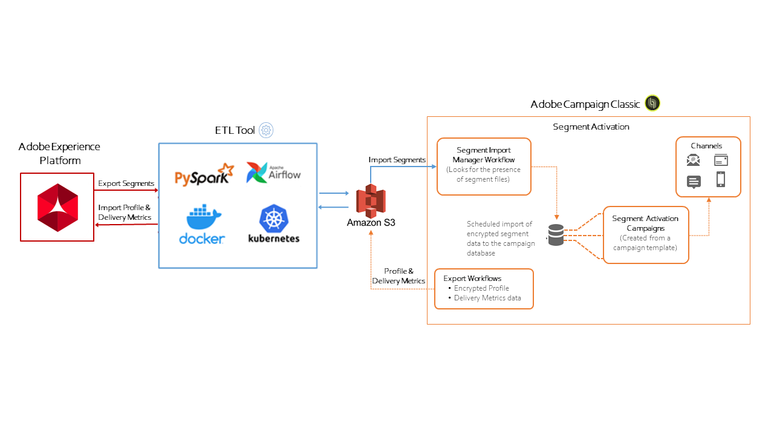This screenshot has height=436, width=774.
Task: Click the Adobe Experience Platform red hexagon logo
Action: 57,207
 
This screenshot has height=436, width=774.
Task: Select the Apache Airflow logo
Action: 273,173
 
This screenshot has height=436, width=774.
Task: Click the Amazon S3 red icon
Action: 371,201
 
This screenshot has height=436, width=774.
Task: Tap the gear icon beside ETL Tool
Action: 266,130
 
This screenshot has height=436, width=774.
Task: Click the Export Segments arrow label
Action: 126,183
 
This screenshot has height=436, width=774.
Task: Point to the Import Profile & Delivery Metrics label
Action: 125,213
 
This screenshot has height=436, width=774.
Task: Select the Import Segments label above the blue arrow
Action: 397,160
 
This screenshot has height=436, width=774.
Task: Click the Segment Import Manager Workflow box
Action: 484,167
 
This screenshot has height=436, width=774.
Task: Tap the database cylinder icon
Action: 555,235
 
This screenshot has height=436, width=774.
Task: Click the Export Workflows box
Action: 484,289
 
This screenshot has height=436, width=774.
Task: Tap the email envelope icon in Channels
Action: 693,160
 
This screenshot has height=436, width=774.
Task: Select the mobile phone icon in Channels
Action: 720,179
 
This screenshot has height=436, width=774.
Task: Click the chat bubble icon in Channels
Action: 694,182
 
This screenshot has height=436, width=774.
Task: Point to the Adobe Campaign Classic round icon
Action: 652,104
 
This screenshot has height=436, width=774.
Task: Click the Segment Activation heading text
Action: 591,127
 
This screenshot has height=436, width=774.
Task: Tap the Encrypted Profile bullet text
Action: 481,288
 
